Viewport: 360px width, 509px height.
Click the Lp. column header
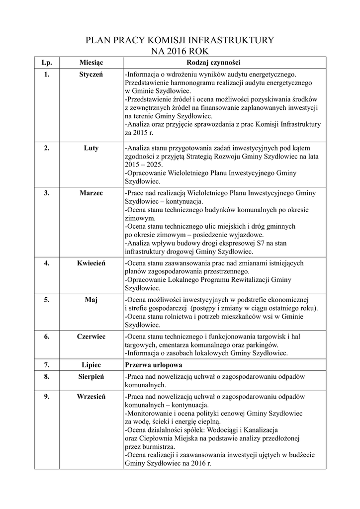(x=46, y=63)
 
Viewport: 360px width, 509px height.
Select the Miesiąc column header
(x=91, y=63)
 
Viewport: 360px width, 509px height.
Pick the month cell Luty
(x=91, y=148)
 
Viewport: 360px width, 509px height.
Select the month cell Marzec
(x=91, y=193)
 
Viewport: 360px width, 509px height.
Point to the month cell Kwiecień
(x=91, y=263)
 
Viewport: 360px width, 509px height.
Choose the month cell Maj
(x=91, y=300)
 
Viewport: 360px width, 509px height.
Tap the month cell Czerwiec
(x=91, y=337)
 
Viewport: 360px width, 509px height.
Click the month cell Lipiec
(x=91, y=365)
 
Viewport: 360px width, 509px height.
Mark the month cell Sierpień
(x=91, y=377)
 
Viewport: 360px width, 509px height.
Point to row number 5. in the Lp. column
(x=46, y=300)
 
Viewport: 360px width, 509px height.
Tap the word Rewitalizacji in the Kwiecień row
(x=248, y=280)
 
